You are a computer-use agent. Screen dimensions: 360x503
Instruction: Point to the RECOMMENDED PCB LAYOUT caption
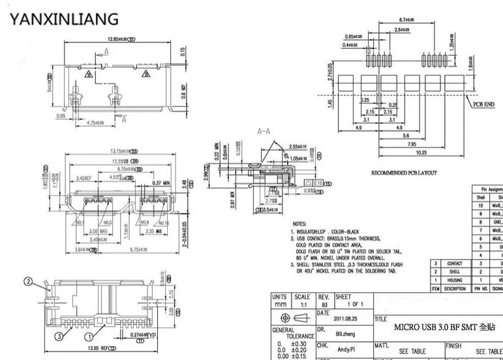point(403,173)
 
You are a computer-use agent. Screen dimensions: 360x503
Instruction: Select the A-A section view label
point(265,131)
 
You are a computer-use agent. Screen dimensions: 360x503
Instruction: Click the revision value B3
point(324,305)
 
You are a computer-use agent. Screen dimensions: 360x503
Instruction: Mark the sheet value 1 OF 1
point(356,305)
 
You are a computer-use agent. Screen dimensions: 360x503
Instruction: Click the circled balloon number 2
point(28,282)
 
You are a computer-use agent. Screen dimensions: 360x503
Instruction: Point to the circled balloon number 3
point(58,336)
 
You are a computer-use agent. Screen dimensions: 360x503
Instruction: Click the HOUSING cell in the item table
point(454,280)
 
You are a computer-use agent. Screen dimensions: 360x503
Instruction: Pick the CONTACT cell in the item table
point(454,263)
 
